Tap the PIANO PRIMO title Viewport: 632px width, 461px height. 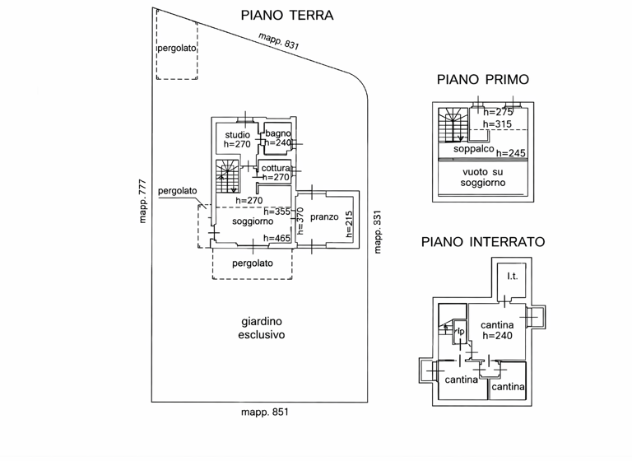tap(483, 80)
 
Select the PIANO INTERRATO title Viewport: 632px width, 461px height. tap(483, 242)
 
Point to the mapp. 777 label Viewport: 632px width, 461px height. tap(142, 203)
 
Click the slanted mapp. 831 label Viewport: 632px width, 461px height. tap(278, 42)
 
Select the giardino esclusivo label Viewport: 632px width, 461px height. tap(261, 328)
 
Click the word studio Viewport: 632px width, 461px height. tap(237, 135)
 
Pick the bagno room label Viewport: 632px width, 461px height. tap(278, 133)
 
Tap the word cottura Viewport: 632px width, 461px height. tap(276, 168)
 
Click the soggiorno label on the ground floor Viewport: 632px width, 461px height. tap(252, 222)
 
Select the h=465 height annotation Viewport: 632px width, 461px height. tap(276, 238)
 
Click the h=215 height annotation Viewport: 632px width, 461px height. tap(349, 225)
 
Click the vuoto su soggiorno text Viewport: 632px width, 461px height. tap(483, 176)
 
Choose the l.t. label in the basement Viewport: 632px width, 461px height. tap(512, 276)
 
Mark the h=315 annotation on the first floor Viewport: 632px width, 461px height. tap(497, 124)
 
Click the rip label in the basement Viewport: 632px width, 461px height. tap(461, 332)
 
